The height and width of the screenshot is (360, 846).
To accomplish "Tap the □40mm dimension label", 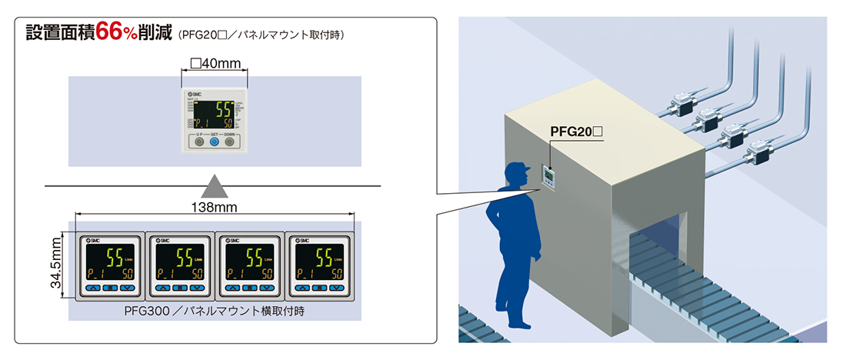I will [x=214, y=63].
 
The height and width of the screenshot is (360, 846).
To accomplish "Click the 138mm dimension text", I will [x=215, y=207].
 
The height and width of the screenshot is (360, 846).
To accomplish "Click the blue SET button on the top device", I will [x=215, y=142].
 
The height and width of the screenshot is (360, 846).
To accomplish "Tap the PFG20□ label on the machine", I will [x=576, y=133].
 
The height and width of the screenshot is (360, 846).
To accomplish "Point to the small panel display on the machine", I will [x=549, y=179].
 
